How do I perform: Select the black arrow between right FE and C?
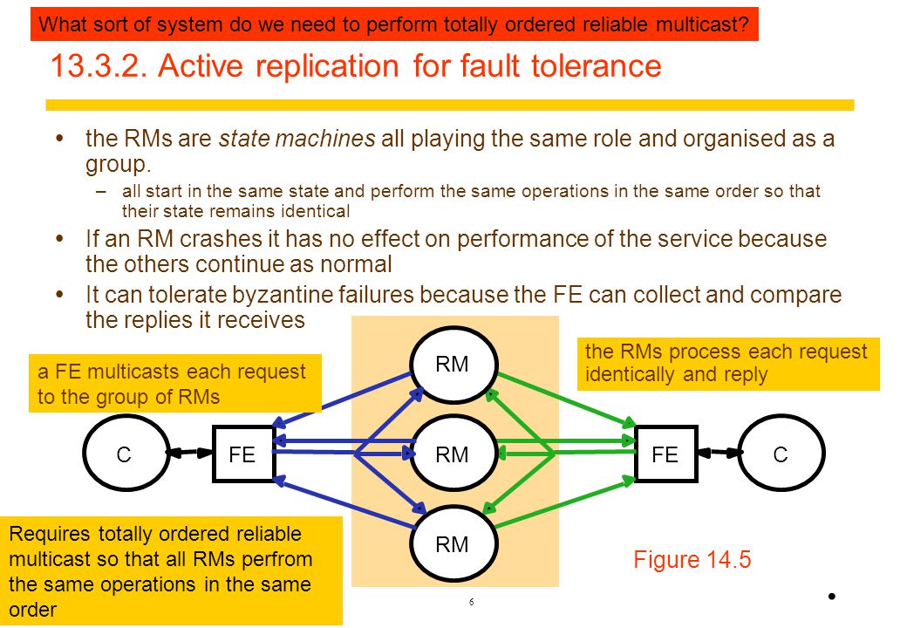coord(719,452)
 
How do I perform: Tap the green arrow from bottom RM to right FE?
coord(565,502)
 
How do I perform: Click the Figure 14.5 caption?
coord(692,560)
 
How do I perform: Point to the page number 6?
coord(472,602)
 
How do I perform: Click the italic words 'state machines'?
coord(297,139)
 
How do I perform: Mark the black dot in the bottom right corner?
coord(832,597)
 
